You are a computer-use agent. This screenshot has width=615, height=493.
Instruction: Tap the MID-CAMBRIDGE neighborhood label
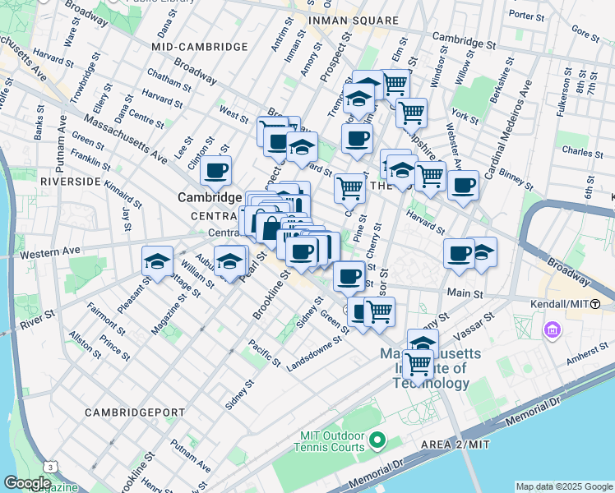click(x=200, y=47)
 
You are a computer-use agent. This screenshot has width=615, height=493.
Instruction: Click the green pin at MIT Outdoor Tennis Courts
click(x=377, y=442)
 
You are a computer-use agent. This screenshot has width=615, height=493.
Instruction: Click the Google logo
click(x=27, y=483)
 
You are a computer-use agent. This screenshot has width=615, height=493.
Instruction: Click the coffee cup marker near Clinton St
click(x=215, y=170)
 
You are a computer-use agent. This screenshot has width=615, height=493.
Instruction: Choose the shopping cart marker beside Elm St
click(x=395, y=82)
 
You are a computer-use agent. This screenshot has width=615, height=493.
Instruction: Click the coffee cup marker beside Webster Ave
click(x=463, y=185)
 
